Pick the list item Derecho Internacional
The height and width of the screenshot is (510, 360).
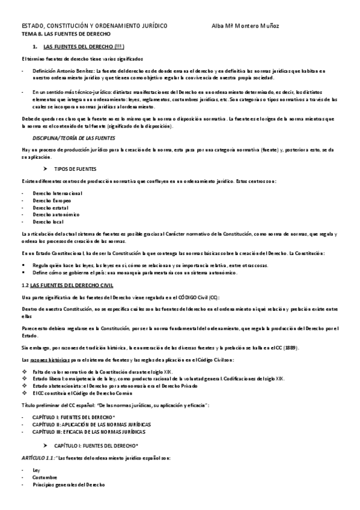click(58, 193)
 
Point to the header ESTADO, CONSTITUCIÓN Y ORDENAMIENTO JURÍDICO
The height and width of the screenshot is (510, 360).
click(95, 26)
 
